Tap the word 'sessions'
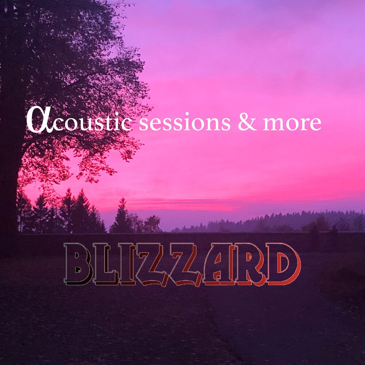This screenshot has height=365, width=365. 184,123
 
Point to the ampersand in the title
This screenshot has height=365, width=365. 247,122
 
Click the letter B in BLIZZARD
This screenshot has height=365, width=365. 78,264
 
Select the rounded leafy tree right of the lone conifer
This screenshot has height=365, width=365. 151,223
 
